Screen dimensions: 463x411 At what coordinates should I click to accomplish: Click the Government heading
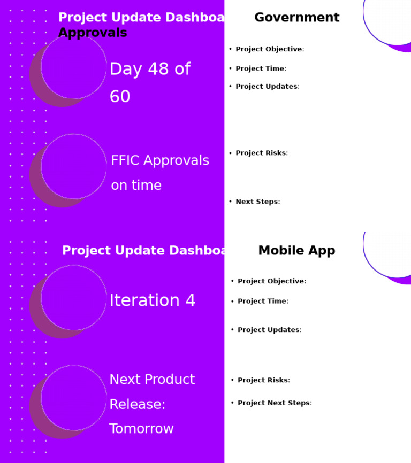pyautogui.click(x=296, y=18)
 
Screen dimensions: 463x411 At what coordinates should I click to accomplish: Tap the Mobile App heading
pyautogui.click(x=296, y=251)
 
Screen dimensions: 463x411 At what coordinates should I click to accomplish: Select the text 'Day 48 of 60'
pyautogui.click(x=150, y=83)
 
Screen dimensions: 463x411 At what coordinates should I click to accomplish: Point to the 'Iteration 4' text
pyautogui.click(x=153, y=300)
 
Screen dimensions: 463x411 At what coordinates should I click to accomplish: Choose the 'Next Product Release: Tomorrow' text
pyautogui.click(x=152, y=404)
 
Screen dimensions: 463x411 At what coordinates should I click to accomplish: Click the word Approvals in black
pyautogui.click(x=93, y=33)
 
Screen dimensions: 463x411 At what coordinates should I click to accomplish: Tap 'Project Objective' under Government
pyautogui.click(x=269, y=49)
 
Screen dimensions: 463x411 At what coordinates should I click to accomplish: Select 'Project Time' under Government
pyautogui.click(x=261, y=68)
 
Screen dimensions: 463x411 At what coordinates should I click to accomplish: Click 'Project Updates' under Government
pyautogui.click(x=267, y=87)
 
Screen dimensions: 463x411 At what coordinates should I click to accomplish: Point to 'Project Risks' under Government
pyautogui.click(x=261, y=153)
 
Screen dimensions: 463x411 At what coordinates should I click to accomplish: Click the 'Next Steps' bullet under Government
pyautogui.click(x=257, y=202)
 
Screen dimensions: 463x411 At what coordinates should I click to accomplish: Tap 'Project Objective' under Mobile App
pyautogui.click(x=271, y=281)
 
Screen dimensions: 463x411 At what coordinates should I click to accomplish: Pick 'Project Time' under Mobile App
pyautogui.click(x=263, y=301)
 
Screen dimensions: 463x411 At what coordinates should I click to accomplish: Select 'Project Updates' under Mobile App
pyautogui.click(x=269, y=330)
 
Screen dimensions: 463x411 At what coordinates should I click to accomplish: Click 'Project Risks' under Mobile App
pyautogui.click(x=263, y=380)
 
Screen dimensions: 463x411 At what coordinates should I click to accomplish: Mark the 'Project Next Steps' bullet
pyautogui.click(x=274, y=403)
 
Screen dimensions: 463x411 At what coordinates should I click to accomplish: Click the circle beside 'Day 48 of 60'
pyautogui.click(x=73, y=66)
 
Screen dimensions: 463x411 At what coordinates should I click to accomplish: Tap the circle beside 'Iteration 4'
pyautogui.click(x=73, y=298)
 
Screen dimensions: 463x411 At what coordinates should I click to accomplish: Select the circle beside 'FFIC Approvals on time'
pyautogui.click(x=73, y=166)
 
